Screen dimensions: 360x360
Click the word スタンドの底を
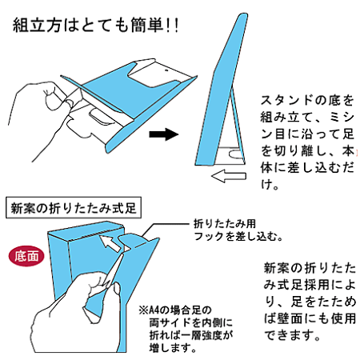pos(307,101)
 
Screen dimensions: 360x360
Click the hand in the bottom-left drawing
pos(96,296)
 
